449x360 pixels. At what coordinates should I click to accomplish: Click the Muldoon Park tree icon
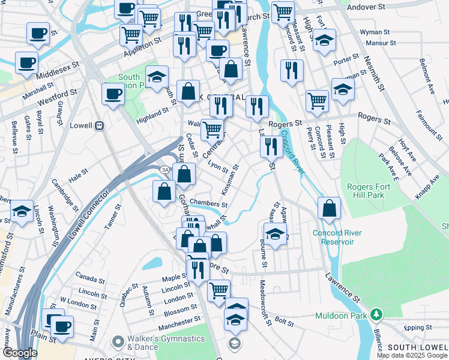(x=376, y=314)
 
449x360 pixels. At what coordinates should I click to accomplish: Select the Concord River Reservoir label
(x=341, y=237)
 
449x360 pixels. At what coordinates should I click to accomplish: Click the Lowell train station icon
(x=100, y=126)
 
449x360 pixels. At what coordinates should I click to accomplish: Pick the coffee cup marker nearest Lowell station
(x=112, y=94)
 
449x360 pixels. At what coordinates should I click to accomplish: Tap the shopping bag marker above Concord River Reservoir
(x=329, y=208)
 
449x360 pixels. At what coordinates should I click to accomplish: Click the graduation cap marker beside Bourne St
(x=274, y=234)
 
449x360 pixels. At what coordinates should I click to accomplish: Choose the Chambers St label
(x=208, y=203)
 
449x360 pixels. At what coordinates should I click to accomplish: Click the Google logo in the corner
(x=20, y=352)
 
